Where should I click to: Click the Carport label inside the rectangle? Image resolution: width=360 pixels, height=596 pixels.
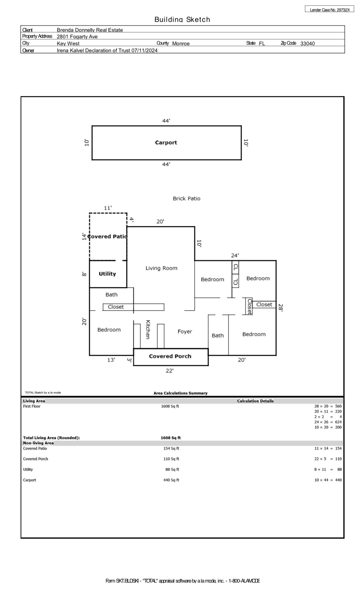click(166, 143)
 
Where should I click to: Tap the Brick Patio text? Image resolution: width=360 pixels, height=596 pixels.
click(186, 198)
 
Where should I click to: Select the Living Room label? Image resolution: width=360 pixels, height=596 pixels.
click(161, 268)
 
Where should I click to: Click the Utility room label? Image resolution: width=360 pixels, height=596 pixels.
click(107, 274)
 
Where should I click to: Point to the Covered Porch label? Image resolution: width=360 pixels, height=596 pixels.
click(170, 356)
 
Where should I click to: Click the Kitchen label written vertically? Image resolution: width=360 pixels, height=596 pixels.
click(148, 329)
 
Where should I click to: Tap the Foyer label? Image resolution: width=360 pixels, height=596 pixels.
click(185, 331)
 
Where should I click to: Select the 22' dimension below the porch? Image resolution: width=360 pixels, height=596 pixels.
click(169, 371)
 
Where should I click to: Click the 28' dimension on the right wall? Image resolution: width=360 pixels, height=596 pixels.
click(280, 308)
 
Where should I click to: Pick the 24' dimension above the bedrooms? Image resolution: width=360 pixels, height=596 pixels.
click(235, 255)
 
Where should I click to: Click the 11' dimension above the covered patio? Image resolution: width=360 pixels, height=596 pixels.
click(108, 208)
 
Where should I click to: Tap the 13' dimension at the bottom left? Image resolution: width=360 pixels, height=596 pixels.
click(111, 360)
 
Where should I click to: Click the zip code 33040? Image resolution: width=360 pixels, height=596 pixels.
click(307, 43)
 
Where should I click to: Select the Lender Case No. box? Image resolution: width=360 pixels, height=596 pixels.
click(329, 10)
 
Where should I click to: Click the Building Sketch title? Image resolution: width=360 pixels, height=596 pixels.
click(182, 19)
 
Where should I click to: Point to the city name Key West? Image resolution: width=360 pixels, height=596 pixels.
click(68, 43)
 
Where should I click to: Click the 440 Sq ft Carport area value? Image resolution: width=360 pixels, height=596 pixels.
click(171, 480)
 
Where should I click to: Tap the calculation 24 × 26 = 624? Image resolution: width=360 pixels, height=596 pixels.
click(328, 422)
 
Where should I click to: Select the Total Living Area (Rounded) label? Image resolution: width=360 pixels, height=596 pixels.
click(51, 438)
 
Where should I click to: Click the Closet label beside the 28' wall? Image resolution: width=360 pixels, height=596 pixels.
click(264, 304)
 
